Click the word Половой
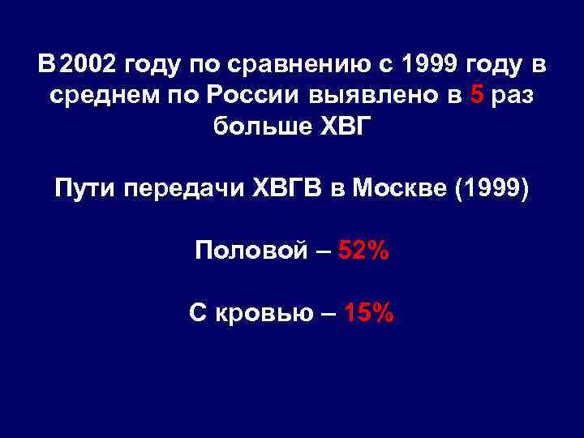click(251, 251)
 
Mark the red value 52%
click(363, 251)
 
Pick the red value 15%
click(370, 312)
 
